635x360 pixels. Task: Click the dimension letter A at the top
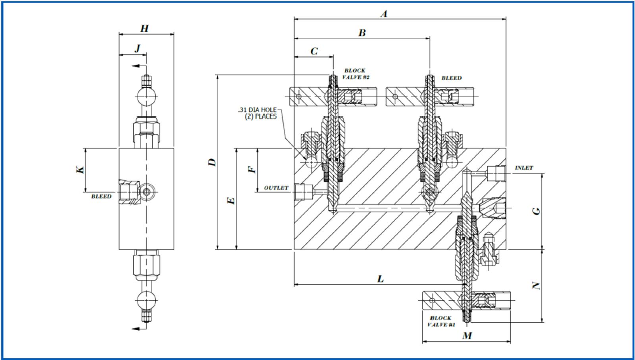384,14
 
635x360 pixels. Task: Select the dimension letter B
362,33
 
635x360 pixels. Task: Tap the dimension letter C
314,51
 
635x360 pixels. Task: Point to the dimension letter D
213,162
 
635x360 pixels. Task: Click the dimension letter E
232,200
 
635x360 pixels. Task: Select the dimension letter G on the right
537,211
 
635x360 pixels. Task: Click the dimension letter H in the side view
144,28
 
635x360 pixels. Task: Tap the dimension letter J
137,48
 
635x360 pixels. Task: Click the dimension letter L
380,279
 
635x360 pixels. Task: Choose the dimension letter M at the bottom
467,336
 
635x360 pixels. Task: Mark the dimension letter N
537,285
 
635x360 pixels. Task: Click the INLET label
524,168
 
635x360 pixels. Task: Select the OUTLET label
276,188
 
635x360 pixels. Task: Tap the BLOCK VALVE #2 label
356,74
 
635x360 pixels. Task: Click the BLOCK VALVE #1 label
441,321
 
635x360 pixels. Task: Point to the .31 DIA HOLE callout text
257,113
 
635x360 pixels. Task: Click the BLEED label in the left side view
101,196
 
